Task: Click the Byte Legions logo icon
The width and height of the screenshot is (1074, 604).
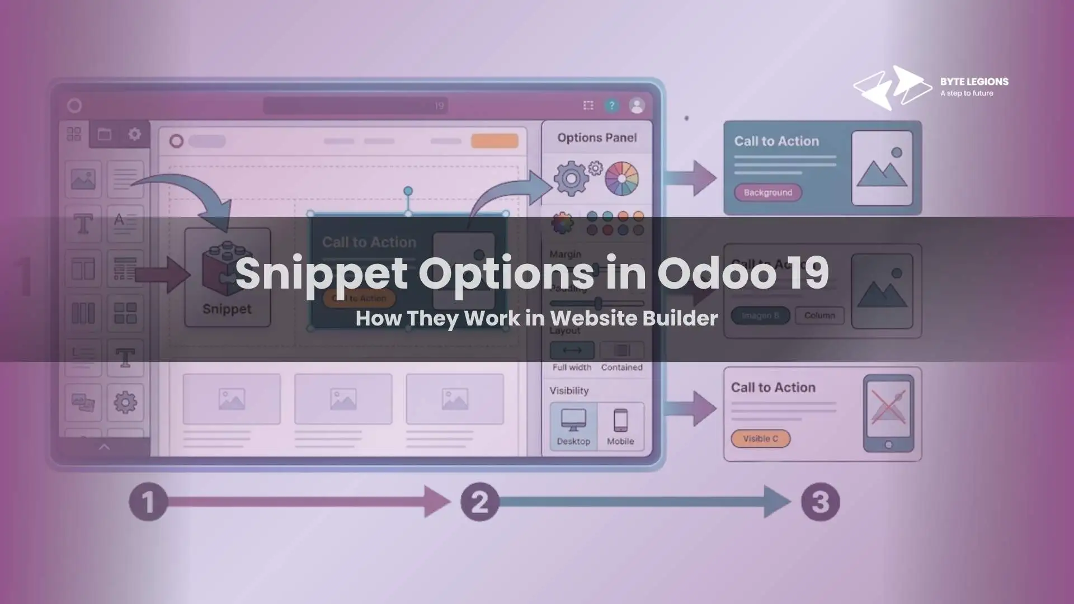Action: click(x=892, y=88)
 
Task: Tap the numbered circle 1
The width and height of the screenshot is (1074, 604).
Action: click(x=148, y=502)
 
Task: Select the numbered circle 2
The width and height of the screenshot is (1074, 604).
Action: click(x=479, y=502)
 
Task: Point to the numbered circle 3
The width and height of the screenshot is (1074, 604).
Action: click(x=820, y=502)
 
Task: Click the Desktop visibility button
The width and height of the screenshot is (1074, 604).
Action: click(x=573, y=426)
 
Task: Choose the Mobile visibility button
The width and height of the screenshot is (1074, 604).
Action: click(x=620, y=426)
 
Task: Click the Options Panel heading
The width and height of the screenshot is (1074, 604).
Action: click(x=597, y=138)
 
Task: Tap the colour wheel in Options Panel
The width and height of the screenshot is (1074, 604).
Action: click(x=621, y=178)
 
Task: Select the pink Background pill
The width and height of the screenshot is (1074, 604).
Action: click(x=767, y=192)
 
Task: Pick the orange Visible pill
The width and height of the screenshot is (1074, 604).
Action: click(x=760, y=438)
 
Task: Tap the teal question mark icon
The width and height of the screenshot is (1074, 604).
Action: click(x=612, y=105)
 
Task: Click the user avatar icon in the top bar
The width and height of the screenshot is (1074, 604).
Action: click(x=637, y=105)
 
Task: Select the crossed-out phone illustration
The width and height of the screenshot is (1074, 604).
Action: click(x=888, y=412)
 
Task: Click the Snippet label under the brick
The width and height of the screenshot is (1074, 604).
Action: click(x=227, y=309)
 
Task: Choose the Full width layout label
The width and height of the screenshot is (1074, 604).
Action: click(x=572, y=367)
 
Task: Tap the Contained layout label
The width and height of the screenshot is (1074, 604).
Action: click(x=621, y=367)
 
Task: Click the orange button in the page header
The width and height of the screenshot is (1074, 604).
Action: click(x=494, y=140)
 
